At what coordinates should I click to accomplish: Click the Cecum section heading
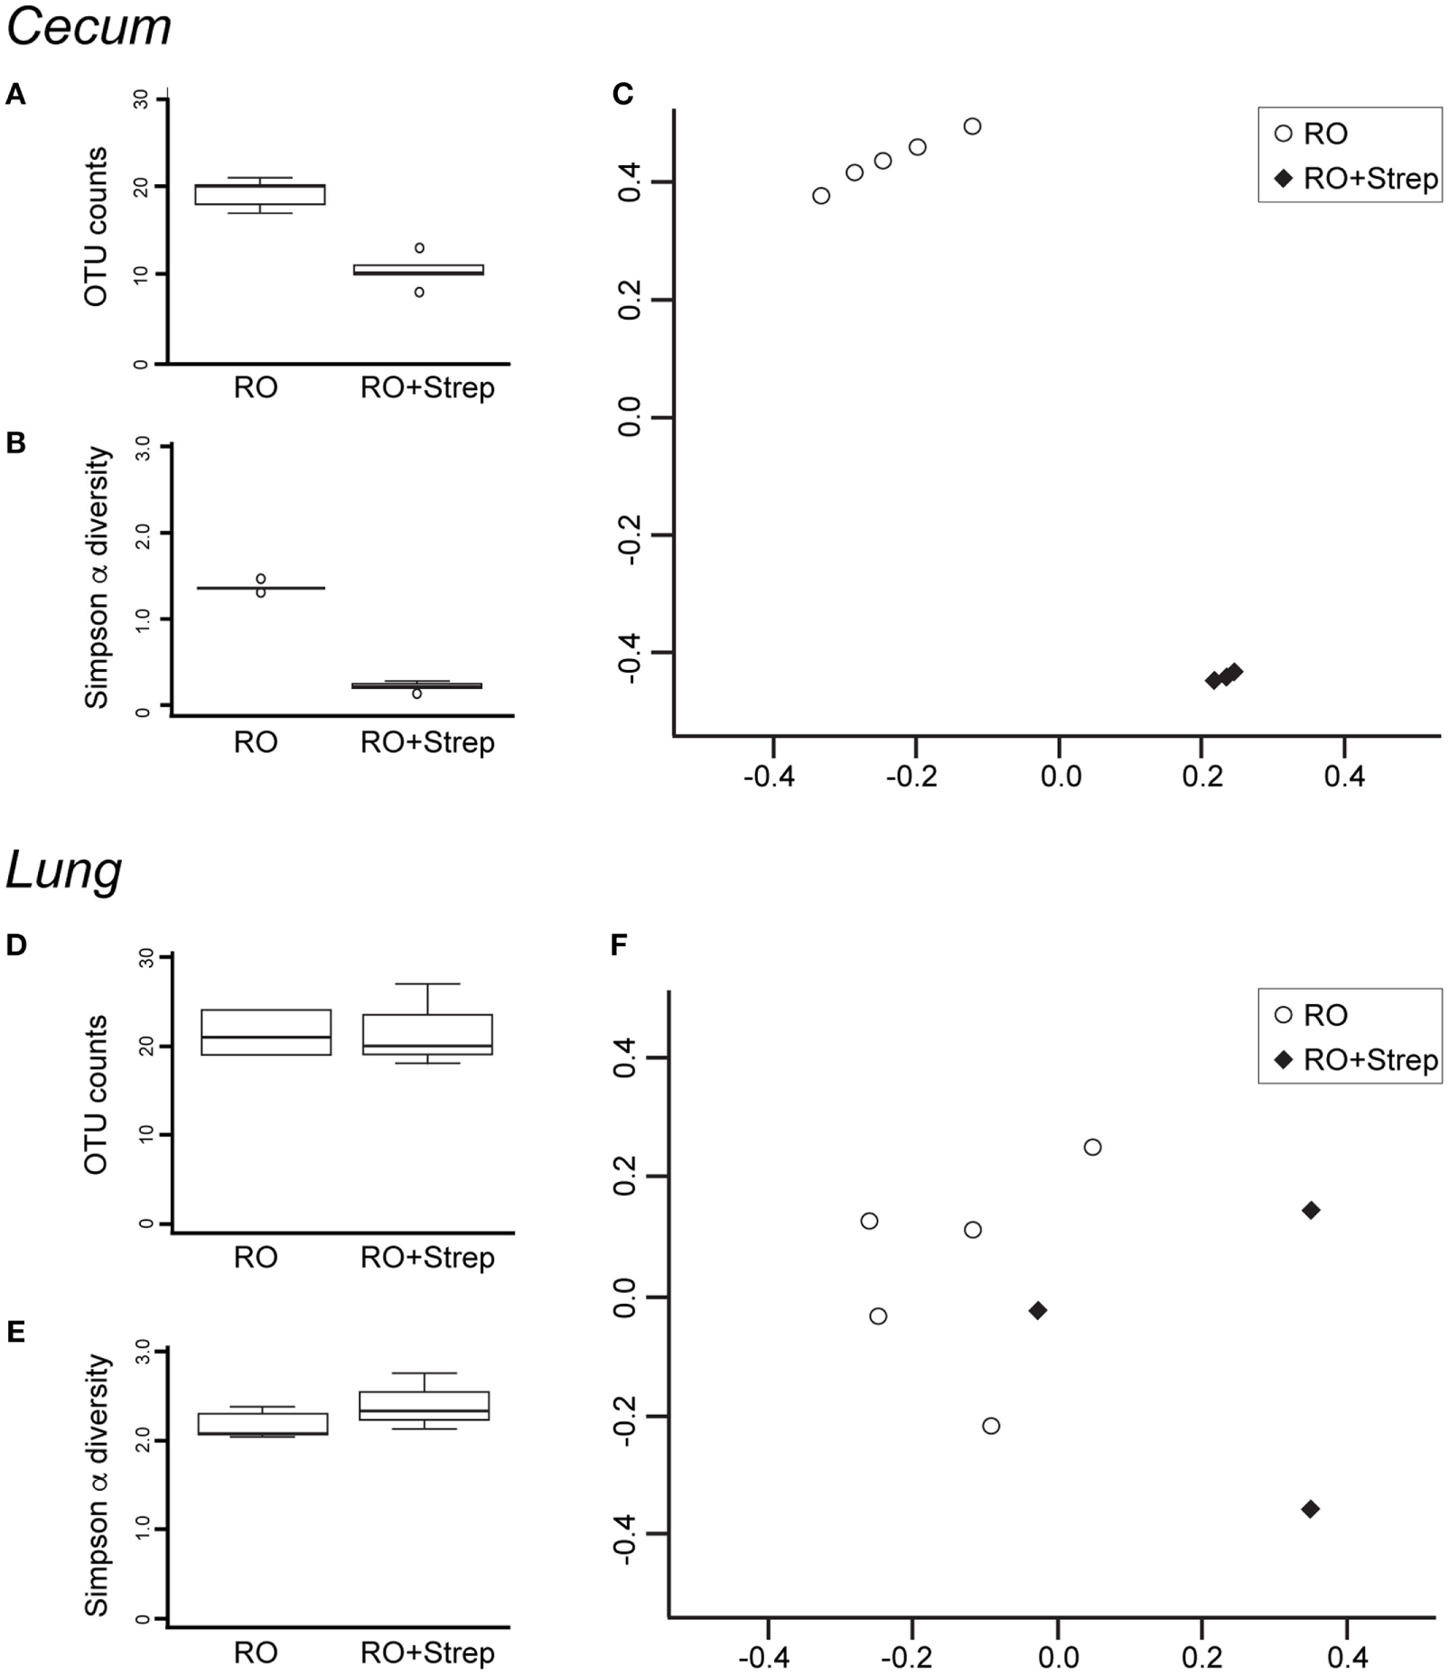88,27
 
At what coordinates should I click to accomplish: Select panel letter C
622,94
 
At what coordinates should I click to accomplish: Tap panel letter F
620,945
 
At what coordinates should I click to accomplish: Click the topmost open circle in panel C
972,126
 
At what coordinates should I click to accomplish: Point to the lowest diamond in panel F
1310,1509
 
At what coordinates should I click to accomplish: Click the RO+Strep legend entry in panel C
1360,179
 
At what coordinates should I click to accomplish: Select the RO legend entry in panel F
1314,1015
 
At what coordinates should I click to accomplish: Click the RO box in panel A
260,194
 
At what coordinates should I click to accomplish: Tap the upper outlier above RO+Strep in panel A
419,247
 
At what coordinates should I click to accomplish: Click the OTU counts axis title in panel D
96,1094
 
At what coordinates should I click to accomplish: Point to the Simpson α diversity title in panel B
96,577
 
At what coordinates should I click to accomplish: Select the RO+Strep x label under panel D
427,1258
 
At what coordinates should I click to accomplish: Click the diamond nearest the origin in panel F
1038,1310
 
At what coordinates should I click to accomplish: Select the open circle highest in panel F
1092,1148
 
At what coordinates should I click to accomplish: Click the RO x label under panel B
256,742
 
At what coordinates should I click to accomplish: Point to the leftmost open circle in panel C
821,196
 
